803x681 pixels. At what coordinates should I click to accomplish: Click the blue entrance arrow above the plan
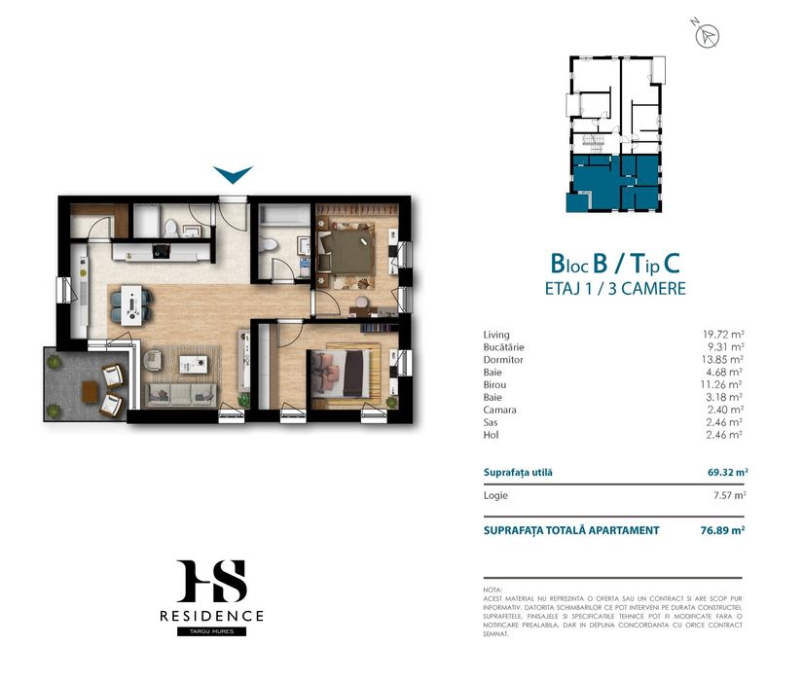[234, 175]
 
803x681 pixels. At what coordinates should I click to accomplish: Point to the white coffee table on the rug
[198, 364]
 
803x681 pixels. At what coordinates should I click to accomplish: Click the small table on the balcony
[90, 391]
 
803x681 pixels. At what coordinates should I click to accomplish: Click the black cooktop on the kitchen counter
[159, 252]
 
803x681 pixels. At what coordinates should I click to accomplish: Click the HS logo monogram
[212, 582]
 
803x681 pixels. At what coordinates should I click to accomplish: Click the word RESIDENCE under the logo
[212, 616]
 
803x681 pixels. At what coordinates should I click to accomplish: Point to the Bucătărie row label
[503, 347]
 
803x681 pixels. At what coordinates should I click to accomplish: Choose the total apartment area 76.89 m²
[726, 530]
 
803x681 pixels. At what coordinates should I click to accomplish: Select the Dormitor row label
[502, 359]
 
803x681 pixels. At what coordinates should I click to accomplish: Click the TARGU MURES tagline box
[212, 631]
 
